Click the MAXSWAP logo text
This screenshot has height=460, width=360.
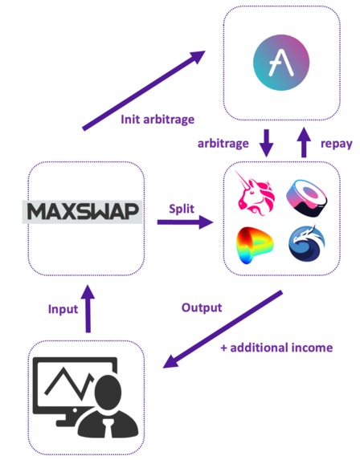click(84, 212)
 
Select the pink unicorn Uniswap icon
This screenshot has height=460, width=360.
click(255, 197)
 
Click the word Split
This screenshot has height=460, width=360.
click(182, 207)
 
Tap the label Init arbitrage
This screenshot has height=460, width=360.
click(158, 120)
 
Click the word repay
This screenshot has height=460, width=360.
click(330, 144)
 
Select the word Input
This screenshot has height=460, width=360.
click(63, 308)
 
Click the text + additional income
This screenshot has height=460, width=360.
click(276, 348)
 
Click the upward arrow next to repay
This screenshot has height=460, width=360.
click(303, 144)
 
